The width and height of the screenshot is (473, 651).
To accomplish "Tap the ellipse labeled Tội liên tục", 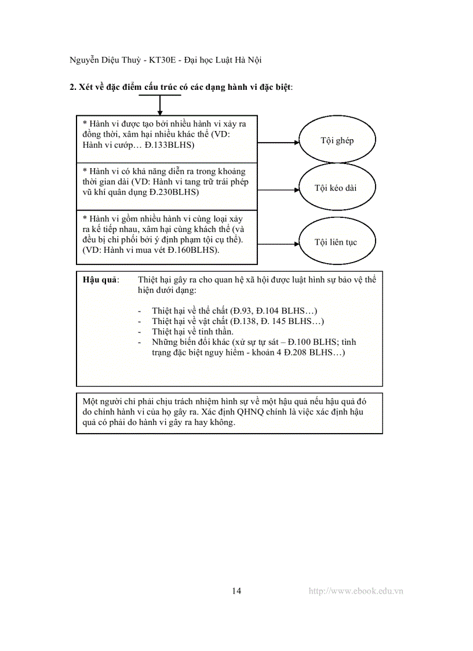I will [335, 242].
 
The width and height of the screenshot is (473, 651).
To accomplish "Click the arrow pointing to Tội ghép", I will [278, 141].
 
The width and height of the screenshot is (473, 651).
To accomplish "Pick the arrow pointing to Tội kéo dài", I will [278, 188].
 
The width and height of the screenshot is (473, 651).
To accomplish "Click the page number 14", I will [237, 591].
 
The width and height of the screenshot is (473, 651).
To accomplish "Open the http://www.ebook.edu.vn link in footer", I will [356, 591].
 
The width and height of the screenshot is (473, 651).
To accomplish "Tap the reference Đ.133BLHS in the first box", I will [169, 145].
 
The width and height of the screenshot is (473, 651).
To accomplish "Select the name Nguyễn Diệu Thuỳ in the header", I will [103, 60].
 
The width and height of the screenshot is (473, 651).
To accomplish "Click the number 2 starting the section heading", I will [72, 87].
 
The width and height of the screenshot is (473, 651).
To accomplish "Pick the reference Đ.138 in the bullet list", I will [243, 321].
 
